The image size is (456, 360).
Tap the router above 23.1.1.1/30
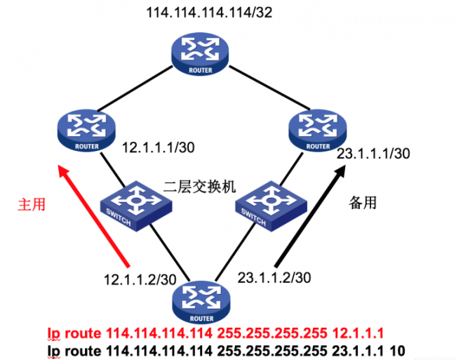(x=317, y=129)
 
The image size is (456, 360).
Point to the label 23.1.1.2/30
(x=275, y=277)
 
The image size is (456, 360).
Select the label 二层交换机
(x=199, y=187)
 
